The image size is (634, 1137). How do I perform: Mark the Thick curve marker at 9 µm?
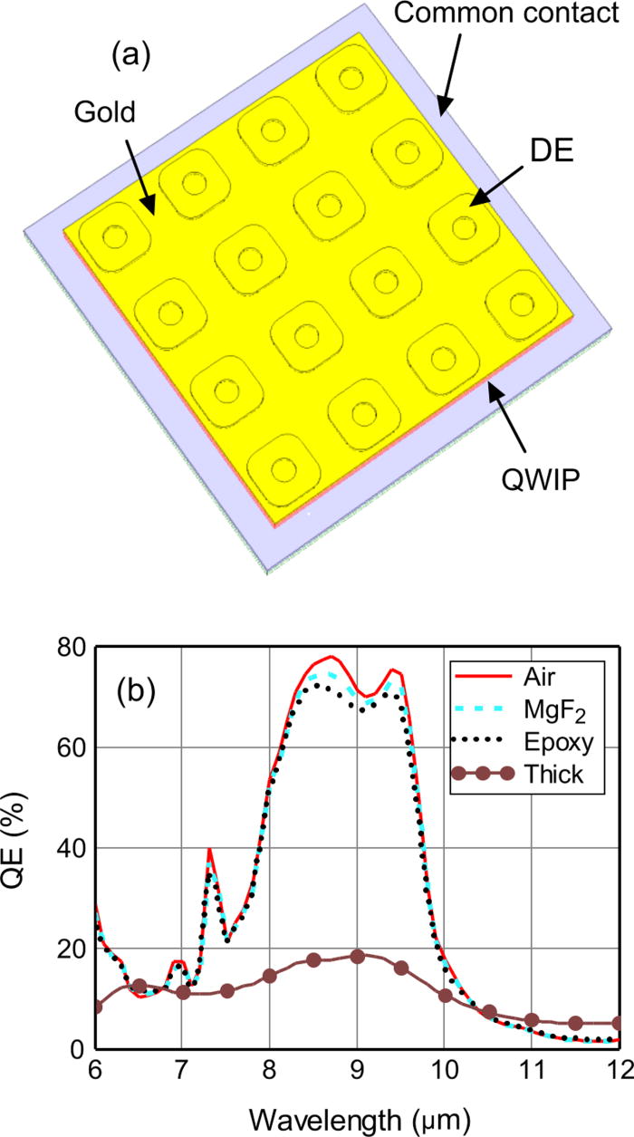pos(358,957)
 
